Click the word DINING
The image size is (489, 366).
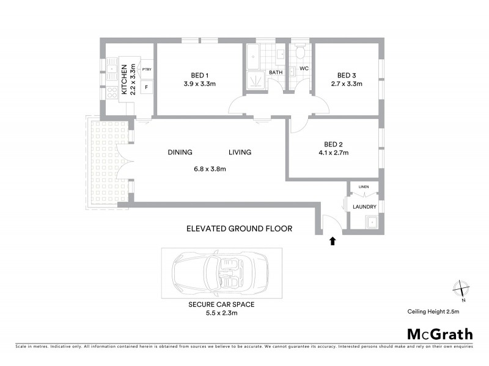coord(180,152)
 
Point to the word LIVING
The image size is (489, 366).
coord(240,152)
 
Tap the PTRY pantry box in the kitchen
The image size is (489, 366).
coord(147,70)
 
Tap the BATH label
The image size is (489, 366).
coord(276,73)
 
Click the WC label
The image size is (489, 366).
coord(304,68)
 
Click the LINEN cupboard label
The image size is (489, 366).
coord(364,187)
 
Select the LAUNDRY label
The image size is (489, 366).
coord(364,207)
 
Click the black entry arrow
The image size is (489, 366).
coord(333,241)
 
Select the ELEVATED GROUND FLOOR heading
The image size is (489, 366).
coord(239,229)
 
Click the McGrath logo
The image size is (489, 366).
coord(439,334)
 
